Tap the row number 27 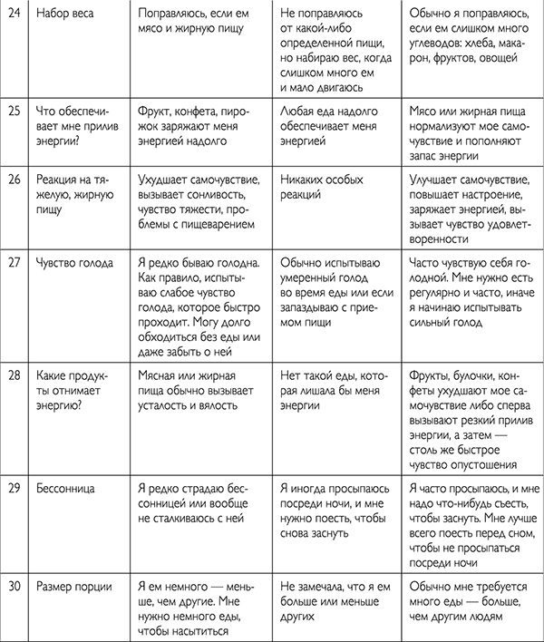[13, 264]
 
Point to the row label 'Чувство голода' [75, 264]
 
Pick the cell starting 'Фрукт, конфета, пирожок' [199, 125]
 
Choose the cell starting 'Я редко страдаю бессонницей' [197, 497]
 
